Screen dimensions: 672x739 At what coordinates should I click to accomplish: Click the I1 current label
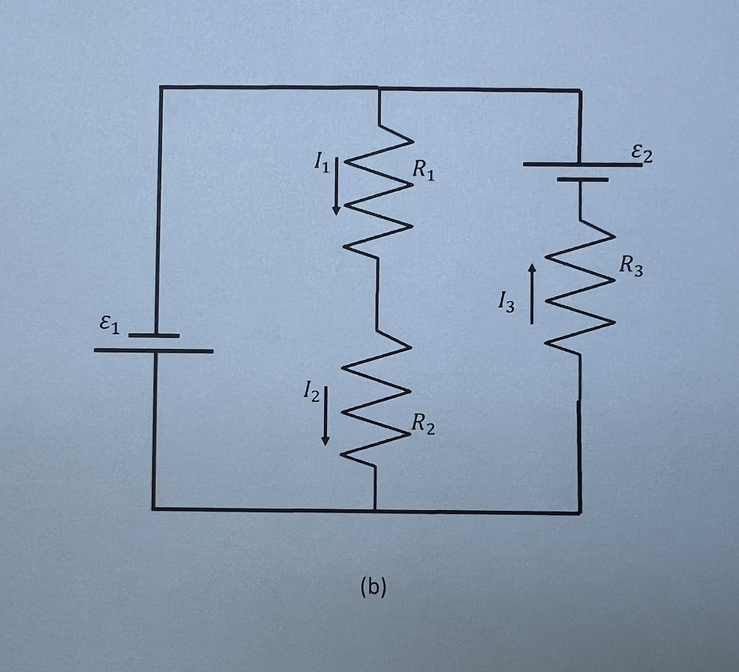coord(320,163)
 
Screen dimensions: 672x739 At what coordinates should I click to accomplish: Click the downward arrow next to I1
coord(336,187)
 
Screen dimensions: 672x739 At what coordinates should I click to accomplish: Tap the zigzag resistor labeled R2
coord(376,398)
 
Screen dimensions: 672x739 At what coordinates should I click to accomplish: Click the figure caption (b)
coord(373,587)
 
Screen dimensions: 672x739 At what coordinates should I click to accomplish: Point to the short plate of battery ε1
coord(154,336)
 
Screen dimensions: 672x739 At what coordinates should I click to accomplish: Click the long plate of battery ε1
coord(154,351)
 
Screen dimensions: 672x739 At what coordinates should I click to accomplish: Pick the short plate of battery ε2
coord(582,179)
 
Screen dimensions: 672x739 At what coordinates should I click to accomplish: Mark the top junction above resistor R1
coord(378,88)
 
